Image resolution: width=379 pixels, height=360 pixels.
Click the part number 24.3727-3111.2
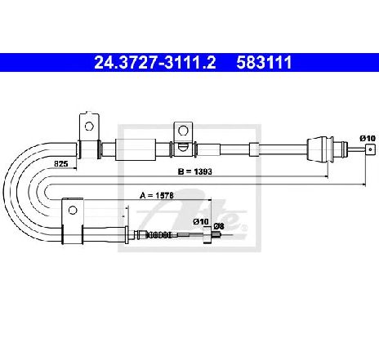point(155,62)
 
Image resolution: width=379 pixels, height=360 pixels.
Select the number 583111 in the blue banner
point(264,62)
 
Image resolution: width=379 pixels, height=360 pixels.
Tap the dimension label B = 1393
point(194,171)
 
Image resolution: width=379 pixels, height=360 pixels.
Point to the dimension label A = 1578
point(157,195)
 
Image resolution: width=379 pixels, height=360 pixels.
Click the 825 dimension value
point(61,164)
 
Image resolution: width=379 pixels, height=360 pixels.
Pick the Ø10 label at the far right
point(368,138)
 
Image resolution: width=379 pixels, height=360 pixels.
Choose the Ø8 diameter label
point(219,226)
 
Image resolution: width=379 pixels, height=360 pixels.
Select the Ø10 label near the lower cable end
point(201,222)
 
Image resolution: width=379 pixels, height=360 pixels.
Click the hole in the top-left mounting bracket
point(89,127)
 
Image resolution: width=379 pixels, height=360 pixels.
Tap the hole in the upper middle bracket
point(183,131)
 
